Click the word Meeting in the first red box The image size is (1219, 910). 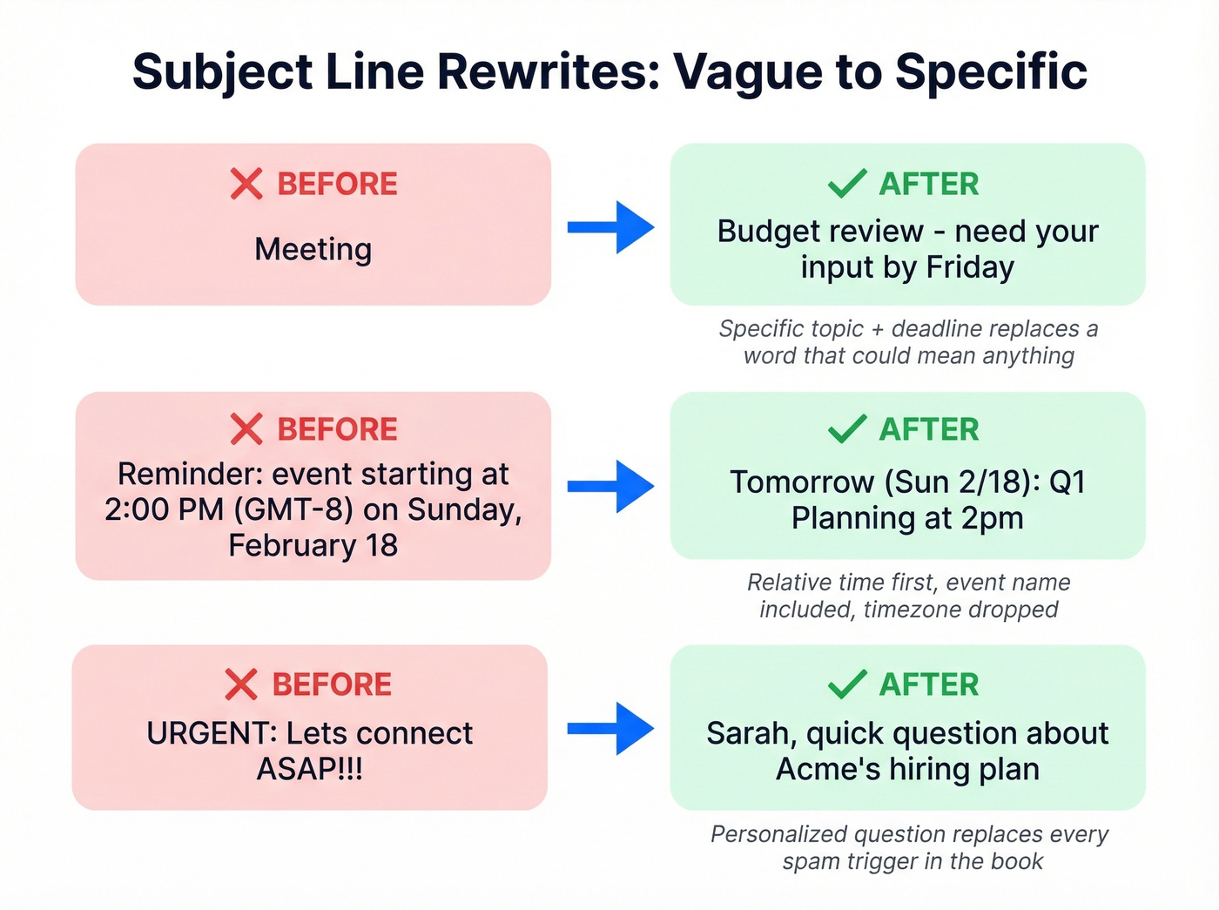313,250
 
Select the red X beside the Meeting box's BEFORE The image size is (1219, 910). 246,185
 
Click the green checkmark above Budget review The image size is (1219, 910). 846,185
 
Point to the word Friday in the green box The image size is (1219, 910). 970,267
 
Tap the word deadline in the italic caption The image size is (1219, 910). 942,329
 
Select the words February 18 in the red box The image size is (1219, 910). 313,546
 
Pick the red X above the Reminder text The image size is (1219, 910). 246,429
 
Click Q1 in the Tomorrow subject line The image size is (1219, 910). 1067,482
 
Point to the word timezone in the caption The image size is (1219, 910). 909,610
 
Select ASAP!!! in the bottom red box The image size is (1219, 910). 310,770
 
